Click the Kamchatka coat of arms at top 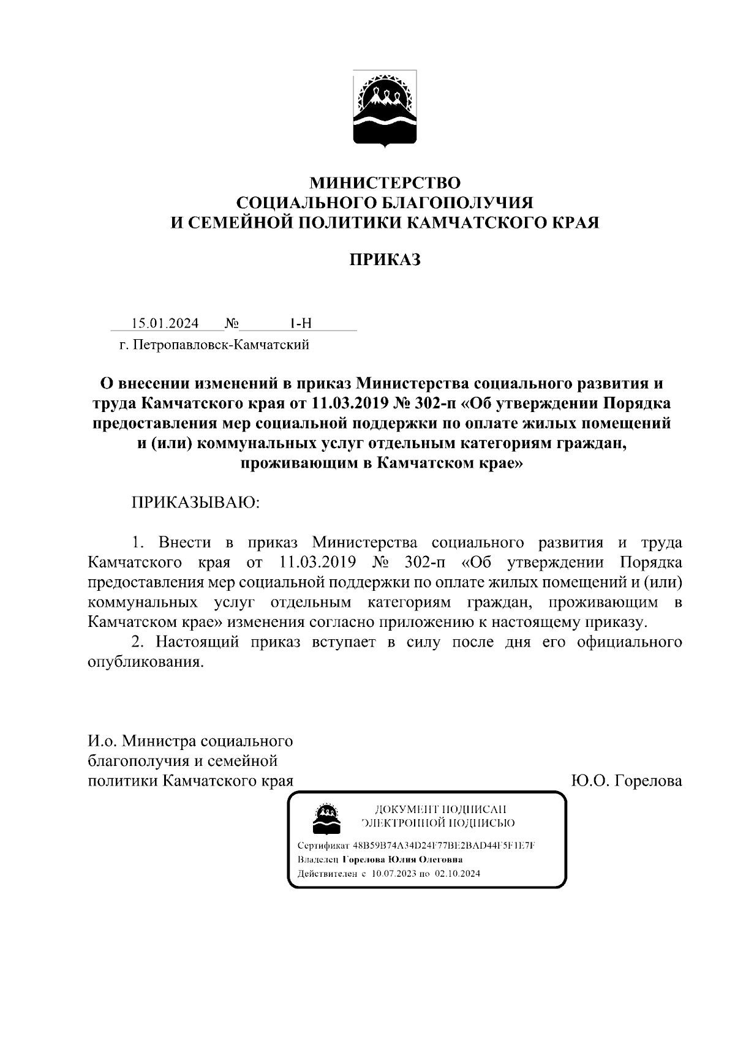(x=385, y=108)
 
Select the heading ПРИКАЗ (x=385, y=260)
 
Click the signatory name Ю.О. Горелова (x=626, y=781)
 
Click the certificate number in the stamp (x=445, y=846)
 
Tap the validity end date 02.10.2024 (x=458, y=874)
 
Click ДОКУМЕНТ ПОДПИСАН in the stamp (x=440, y=809)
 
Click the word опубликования (x=145, y=662)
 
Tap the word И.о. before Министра (x=102, y=741)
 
